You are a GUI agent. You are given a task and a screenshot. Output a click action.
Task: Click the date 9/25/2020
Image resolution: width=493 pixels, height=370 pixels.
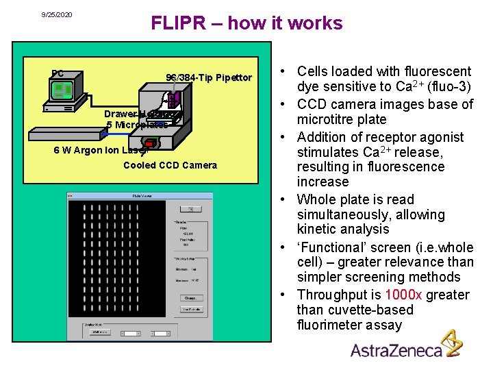[x=56, y=14]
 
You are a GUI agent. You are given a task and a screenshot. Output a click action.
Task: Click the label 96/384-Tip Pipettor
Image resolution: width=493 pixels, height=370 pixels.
[x=209, y=77]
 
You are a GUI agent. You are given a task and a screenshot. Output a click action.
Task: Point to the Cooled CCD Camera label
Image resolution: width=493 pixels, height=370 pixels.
[x=170, y=165]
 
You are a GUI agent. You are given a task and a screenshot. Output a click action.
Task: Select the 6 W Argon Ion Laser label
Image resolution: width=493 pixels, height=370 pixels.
[x=100, y=151]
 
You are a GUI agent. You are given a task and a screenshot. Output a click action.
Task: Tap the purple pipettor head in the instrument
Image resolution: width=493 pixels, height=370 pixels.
[x=173, y=99]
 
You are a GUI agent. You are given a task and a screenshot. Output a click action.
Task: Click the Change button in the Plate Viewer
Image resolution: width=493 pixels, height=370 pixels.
[x=190, y=297]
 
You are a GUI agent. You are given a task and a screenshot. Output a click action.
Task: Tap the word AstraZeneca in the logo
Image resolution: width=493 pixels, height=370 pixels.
[x=395, y=350]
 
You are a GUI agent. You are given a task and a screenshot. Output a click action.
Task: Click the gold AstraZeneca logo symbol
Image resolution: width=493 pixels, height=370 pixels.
[x=451, y=343]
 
